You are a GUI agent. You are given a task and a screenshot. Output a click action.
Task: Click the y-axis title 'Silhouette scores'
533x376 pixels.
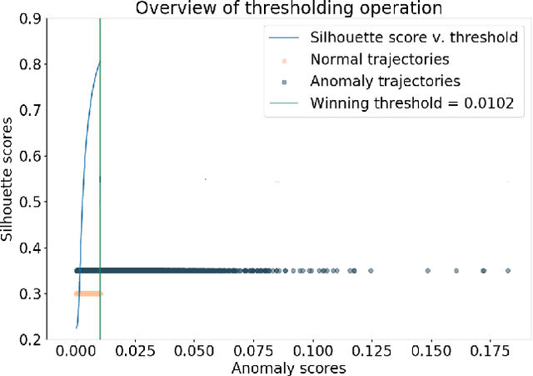click(x=9, y=178)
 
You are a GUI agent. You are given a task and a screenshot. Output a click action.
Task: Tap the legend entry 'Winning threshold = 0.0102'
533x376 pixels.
click(x=412, y=103)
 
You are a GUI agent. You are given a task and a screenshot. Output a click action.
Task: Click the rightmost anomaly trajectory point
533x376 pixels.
click(x=507, y=270)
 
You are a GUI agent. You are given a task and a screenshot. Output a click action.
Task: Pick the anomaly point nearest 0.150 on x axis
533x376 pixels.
click(x=428, y=270)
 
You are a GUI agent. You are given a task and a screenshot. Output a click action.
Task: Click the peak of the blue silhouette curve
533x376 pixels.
click(x=99, y=62)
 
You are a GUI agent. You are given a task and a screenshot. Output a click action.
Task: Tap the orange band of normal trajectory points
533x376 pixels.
click(x=87, y=293)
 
